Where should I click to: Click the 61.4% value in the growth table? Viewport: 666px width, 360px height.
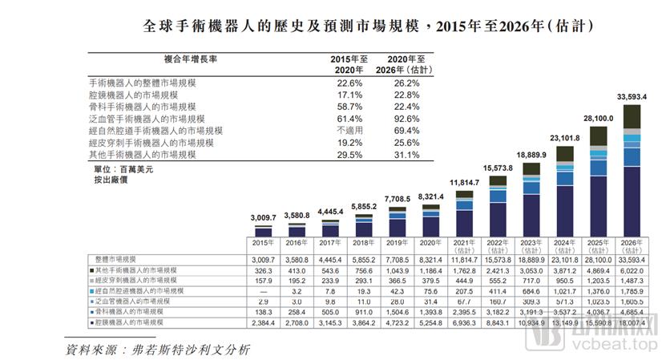(350, 118)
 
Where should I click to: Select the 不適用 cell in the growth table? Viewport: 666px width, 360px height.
(350, 130)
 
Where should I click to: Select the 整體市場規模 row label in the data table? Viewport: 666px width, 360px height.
(116, 260)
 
